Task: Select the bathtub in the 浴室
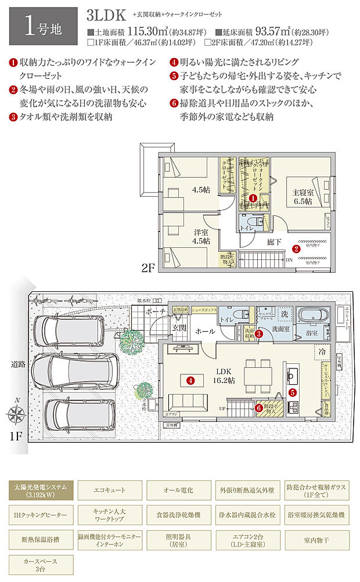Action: click(x=314, y=316)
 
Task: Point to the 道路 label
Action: click(x=18, y=364)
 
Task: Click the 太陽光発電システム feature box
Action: click(x=40, y=491)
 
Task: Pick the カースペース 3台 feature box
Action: click(x=40, y=565)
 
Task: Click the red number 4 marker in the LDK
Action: click(x=190, y=380)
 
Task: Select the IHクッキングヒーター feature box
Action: click(x=40, y=515)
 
